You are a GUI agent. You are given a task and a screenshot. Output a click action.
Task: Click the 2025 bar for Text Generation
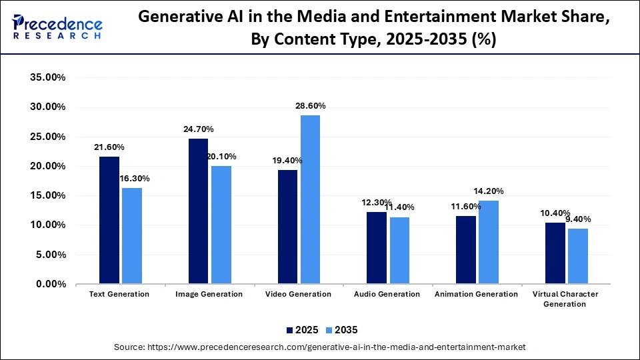tap(109, 220)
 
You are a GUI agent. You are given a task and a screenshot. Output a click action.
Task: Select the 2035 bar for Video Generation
tap(310, 199)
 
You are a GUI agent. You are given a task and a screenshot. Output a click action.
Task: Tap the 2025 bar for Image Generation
tap(198, 211)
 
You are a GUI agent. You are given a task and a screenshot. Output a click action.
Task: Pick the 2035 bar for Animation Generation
tap(488, 242)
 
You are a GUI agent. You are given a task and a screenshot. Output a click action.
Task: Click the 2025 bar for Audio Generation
tap(377, 247)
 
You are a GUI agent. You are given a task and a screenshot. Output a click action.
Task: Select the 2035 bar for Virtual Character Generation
tap(577, 256)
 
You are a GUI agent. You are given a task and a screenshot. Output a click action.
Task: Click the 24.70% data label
tap(199, 129)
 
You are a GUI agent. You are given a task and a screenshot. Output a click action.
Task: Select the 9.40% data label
tap(577, 219)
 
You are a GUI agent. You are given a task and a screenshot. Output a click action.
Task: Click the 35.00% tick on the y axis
tap(47, 77)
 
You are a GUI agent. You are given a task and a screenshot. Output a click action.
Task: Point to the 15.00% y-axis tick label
tap(47, 195)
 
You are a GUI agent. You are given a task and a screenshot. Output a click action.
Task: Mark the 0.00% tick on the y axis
tap(50, 284)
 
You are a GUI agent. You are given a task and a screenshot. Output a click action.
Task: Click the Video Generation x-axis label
tap(298, 294)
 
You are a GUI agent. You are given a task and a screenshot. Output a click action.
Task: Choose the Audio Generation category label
tap(387, 294)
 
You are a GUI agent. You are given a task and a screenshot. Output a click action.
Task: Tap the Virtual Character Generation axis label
tap(565, 299)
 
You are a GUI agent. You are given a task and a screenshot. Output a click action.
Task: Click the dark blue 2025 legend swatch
tap(290, 329)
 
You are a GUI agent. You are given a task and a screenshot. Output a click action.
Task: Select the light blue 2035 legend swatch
tap(329, 329)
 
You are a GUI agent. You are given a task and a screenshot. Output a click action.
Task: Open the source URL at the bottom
tap(320, 347)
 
